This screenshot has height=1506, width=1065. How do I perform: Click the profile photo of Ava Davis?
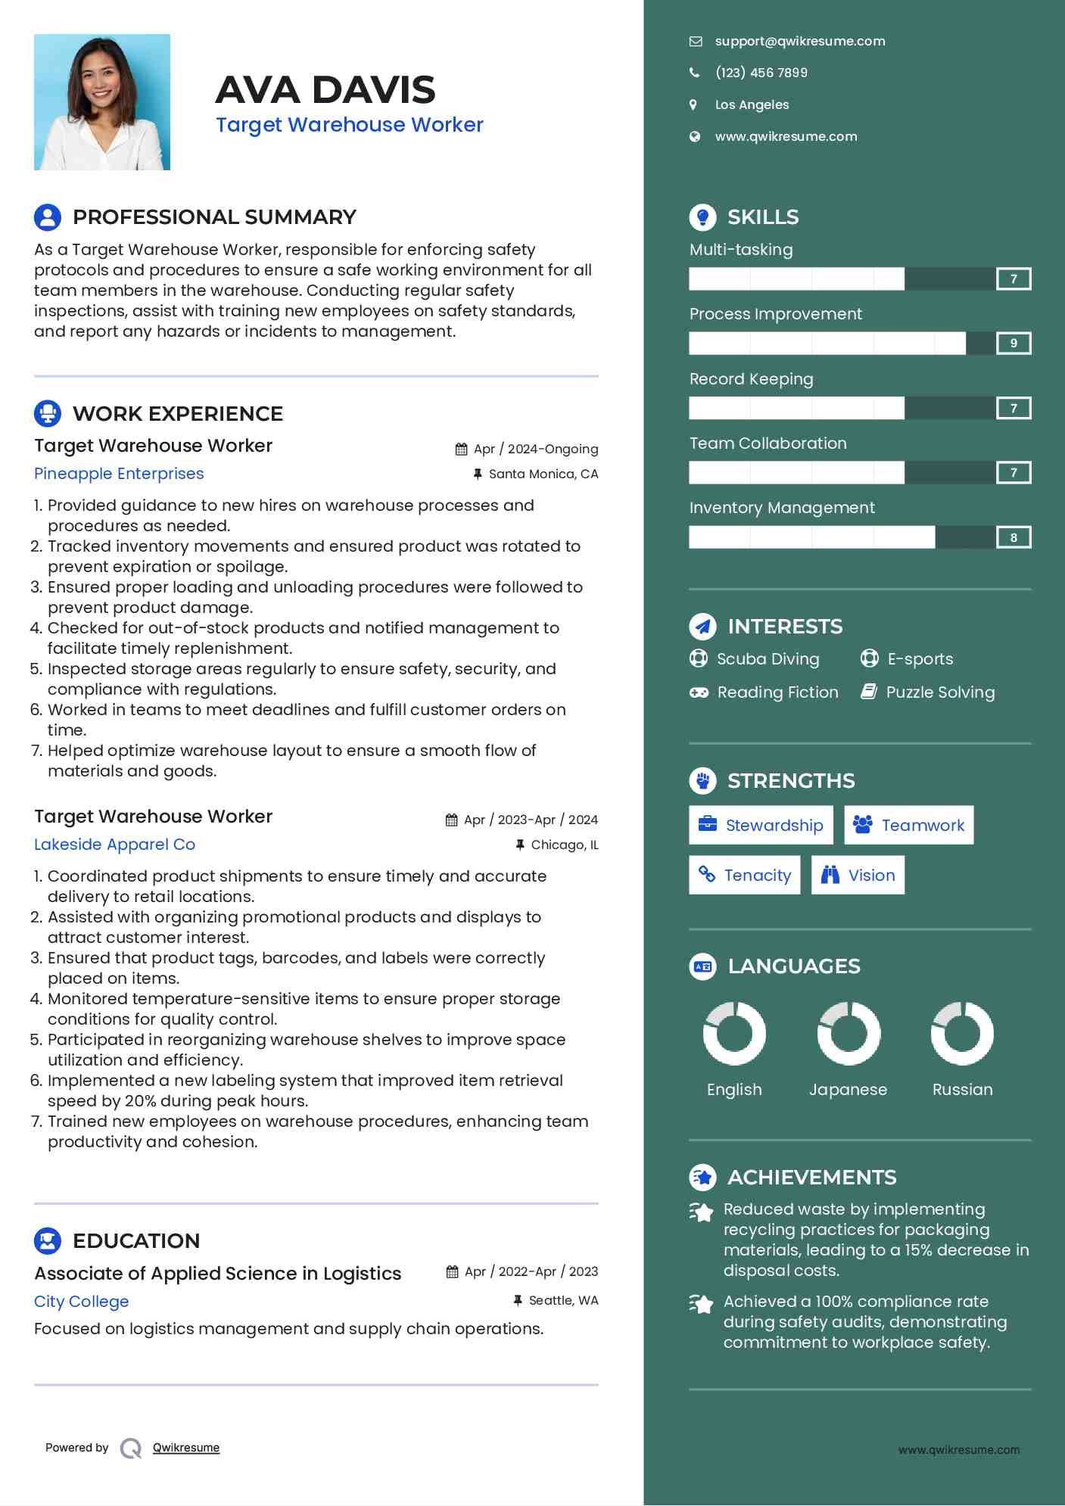click(102, 102)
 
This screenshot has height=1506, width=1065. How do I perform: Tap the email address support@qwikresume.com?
click(799, 42)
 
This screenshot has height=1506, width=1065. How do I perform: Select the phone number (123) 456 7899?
click(761, 73)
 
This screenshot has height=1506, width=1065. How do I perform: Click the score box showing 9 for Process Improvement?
click(1014, 344)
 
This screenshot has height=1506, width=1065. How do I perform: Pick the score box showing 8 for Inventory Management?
click(1014, 538)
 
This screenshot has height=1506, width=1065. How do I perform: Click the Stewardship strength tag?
click(761, 826)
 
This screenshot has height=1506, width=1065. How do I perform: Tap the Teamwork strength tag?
click(908, 826)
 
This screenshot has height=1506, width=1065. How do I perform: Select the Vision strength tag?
click(858, 876)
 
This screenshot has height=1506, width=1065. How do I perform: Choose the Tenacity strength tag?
click(744, 876)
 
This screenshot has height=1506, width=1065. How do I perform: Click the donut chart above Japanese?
click(849, 1034)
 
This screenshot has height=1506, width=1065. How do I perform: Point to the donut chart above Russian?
click(962, 1034)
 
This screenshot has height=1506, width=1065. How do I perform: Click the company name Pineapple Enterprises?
click(119, 474)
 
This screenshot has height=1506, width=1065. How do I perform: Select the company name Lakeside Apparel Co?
click(114, 845)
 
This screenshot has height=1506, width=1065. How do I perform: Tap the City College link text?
click(81, 1302)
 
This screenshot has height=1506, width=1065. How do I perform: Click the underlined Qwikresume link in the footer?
click(186, 1448)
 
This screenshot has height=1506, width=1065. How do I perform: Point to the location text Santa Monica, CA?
click(543, 475)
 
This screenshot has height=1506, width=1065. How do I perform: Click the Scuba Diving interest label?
click(768, 659)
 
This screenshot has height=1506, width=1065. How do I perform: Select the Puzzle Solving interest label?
click(940, 692)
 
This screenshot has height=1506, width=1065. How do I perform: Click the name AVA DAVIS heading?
click(325, 90)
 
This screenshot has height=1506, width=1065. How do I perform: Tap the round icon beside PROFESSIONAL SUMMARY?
click(48, 217)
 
